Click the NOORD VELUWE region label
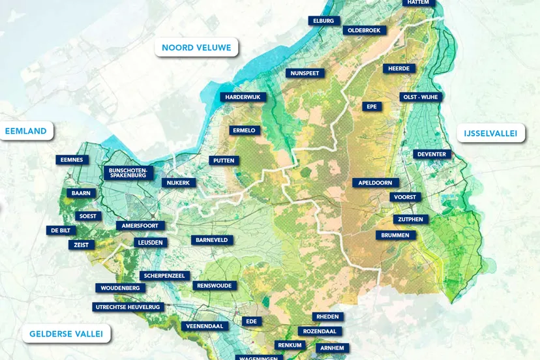(x=196, y=48)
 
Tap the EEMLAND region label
(x=26, y=131)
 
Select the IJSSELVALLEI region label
(x=490, y=134)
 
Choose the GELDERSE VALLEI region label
(x=66, y=334)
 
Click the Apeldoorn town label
(x=375, y=183)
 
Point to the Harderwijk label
(x=243, y=97)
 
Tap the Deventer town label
(x=432, y=155)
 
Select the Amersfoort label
(x=140, y=226)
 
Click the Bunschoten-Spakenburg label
(x=129, y=173)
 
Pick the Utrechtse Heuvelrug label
(x=128, y=307)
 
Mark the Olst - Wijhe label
(x=421, y=97)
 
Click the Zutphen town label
(x=411, y=220)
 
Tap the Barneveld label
(x=212, y=240)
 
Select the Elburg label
(x=323, y=21)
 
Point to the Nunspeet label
(x=305, y=73)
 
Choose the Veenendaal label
(x=205, y=326)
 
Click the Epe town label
(x=372, y=106)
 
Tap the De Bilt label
(x=61, y=230)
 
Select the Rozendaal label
(x=320, y=331)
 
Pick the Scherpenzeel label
(x=165, y=276)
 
